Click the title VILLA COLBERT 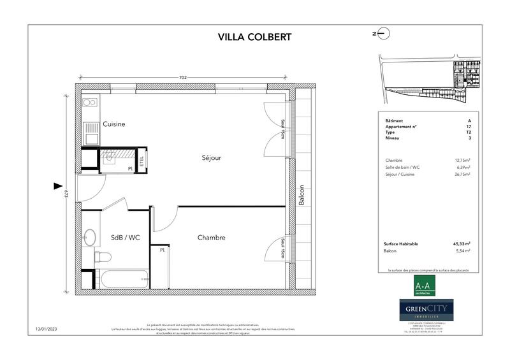[x=254, y=36]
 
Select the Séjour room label [x=212, y=158]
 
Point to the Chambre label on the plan [x=211, y=238]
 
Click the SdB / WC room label [x=125, y=238]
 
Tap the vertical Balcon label [x=302, y=195]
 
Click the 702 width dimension [x=183, y=78]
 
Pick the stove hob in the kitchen [x=90, y=102]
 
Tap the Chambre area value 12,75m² [x=461, y=160]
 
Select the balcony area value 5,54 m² [x=463, y=252]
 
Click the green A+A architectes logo [x=426, y=284]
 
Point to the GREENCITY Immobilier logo [x=426, y=310]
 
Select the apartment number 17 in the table [x=469, y=126]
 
